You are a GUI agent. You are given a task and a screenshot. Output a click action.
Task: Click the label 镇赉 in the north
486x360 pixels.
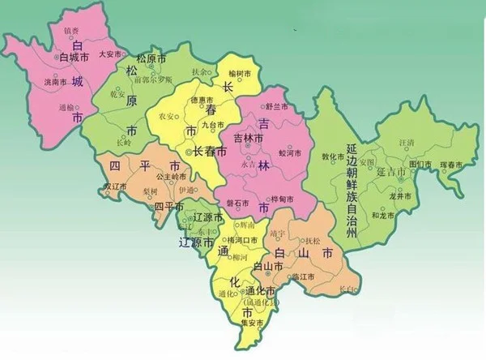point(71,32)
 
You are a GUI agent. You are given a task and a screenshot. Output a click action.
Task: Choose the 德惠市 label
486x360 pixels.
point(199,100)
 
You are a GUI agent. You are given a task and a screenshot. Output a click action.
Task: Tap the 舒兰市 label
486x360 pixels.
point(277,106)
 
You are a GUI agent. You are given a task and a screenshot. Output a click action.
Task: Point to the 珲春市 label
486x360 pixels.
point(450,165)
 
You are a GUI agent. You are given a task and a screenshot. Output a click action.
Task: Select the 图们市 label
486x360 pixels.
point(420,164)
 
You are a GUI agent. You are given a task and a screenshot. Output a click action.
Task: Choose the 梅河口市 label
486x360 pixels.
point(242,240)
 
